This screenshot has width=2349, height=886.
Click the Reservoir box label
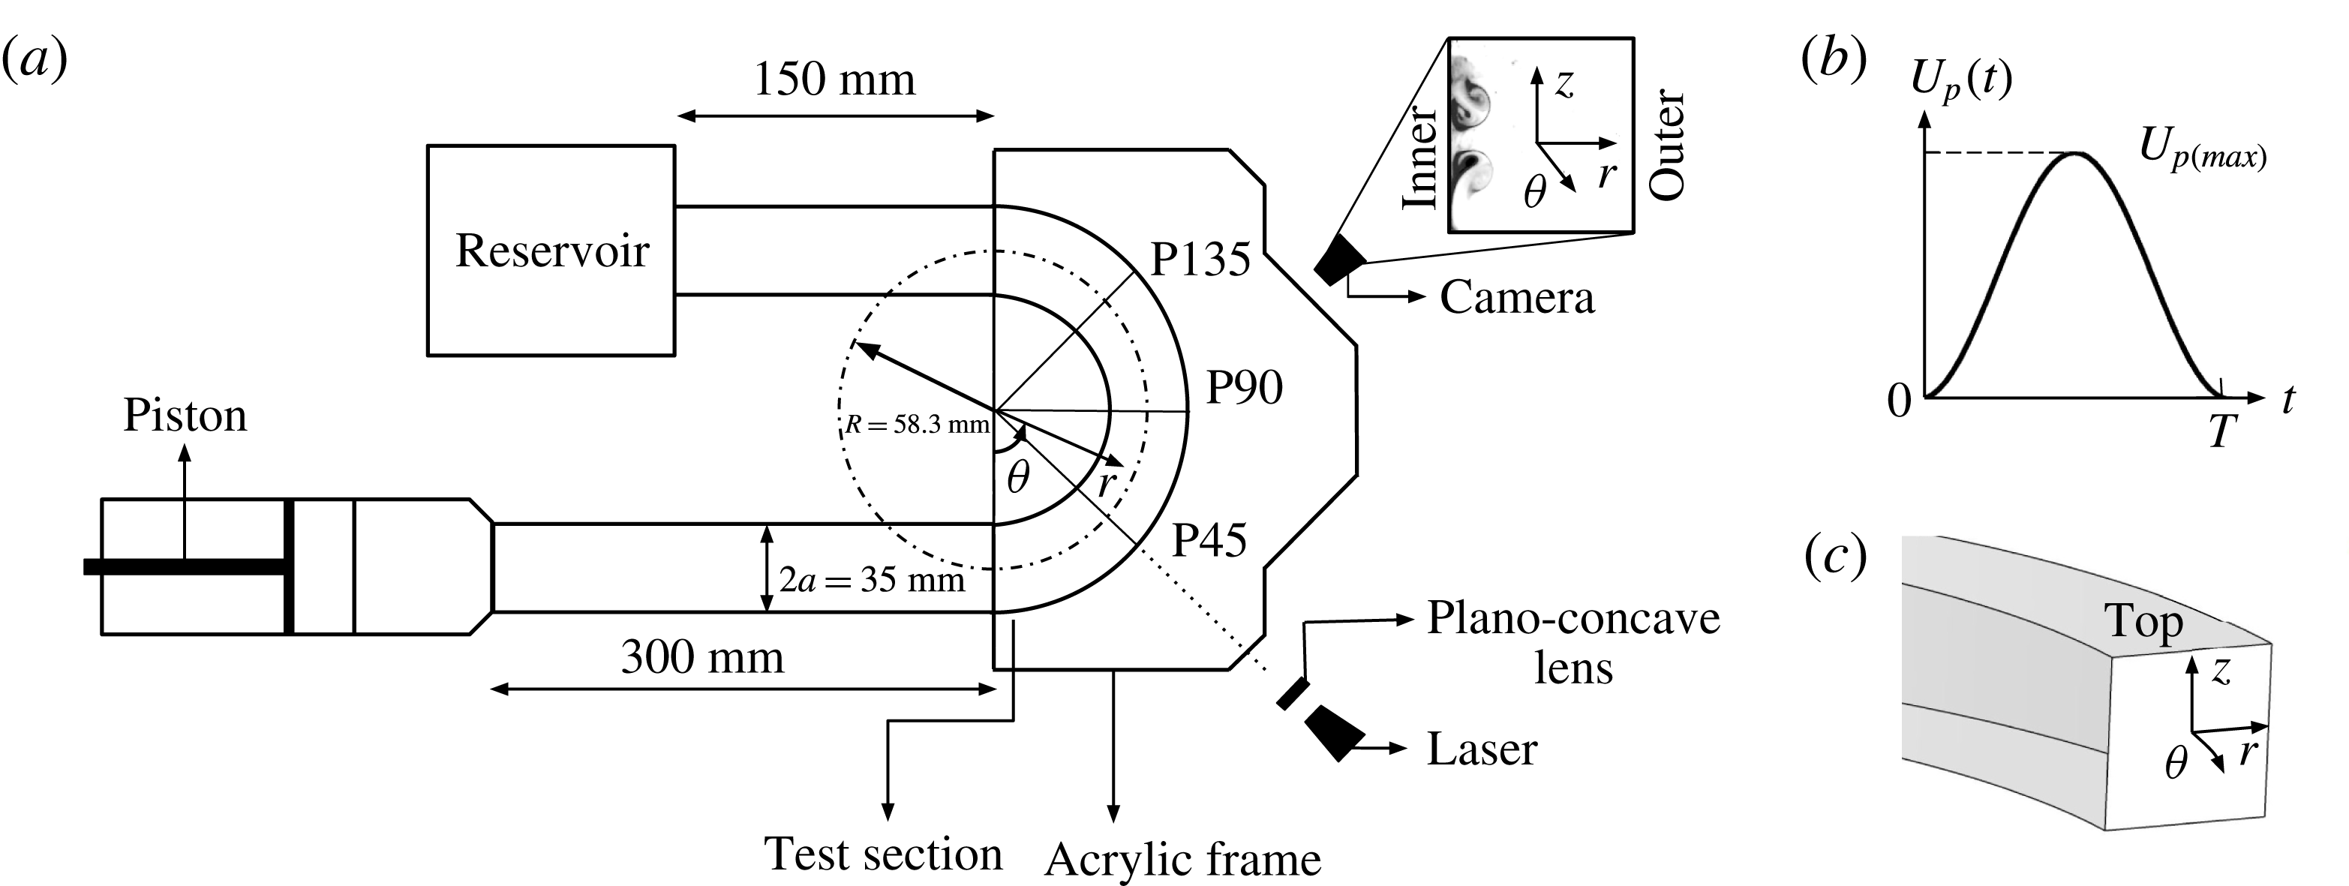(551, 251)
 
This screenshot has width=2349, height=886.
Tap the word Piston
(185, 416)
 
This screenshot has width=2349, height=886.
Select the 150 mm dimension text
(834, 80)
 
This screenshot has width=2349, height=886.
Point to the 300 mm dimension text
(702, 657)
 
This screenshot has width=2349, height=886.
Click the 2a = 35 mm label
(871, 580)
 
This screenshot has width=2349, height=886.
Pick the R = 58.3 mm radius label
(917, 425)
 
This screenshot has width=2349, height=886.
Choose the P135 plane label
(1200, 260)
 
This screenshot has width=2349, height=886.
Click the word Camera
(1516, 298)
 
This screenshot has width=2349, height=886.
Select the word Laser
(1482, 749)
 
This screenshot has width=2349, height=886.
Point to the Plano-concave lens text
(1573, 643)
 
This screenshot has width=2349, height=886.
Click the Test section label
(883, 854)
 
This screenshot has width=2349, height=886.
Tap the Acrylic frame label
(1182, 860)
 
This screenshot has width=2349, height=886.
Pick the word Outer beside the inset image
(1668, 144)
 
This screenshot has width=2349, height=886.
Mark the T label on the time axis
(2223, 430)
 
